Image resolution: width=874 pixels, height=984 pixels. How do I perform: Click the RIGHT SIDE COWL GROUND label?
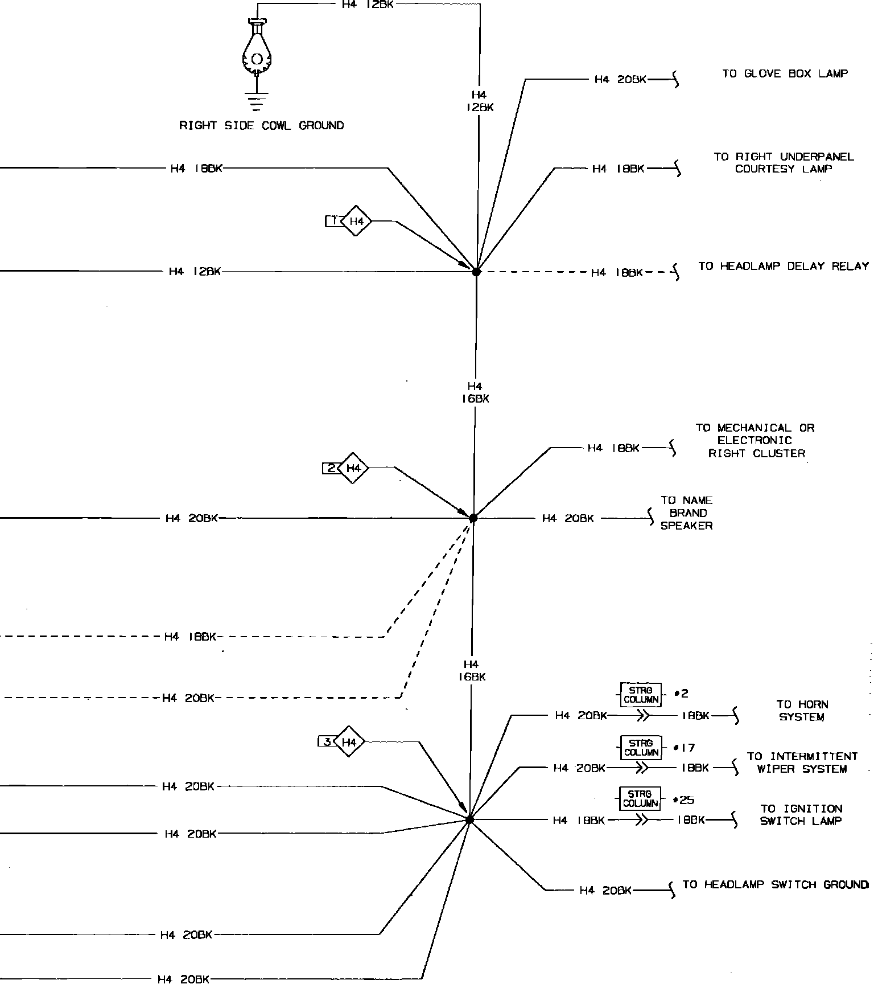[261, 126]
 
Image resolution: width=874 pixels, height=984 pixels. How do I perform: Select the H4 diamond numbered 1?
[356, 221]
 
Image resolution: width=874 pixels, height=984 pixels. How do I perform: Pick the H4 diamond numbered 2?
[353, 468]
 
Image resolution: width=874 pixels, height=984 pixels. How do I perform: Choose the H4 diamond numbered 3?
[349, 742]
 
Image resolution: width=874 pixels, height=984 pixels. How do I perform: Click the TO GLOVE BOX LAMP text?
[785, 73]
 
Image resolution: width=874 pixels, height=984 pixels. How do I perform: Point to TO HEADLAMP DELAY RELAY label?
[784, 266]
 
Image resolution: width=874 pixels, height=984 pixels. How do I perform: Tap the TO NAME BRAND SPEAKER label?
[686, 513]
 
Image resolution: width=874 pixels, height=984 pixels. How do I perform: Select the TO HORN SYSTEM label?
[802, 711]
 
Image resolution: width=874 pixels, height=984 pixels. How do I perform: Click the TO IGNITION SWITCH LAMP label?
[801, 815]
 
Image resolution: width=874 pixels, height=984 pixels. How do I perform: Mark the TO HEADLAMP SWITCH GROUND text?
[775, 884]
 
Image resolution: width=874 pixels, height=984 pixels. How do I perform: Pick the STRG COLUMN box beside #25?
[641, 799]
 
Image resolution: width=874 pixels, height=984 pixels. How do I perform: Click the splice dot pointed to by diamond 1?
[476, 272]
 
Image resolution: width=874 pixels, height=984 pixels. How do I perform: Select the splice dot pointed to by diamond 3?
[469, 820]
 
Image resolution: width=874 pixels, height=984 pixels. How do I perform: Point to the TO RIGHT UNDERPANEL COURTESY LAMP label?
[784, 163]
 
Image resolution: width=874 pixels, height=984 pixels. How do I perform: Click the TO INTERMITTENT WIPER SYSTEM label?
[802, 762]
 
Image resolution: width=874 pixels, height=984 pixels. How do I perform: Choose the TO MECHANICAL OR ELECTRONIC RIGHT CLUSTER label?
[756, 441]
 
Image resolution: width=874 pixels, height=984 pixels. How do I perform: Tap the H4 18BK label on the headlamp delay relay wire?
[617, 273]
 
